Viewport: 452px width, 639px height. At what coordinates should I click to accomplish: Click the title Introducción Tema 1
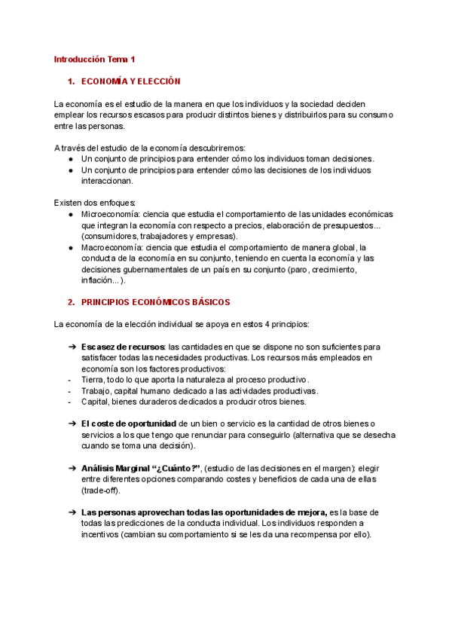[94, 59]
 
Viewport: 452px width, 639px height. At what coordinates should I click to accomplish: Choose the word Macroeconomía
[111, 247]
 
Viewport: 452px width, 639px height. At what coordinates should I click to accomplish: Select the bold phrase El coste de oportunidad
[129, 424]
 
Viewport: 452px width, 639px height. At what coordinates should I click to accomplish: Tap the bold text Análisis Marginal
[117, 469]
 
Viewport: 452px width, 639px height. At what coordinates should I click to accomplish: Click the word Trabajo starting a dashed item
[96, 391]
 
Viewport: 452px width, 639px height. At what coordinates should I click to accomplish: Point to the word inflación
[99, 280]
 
